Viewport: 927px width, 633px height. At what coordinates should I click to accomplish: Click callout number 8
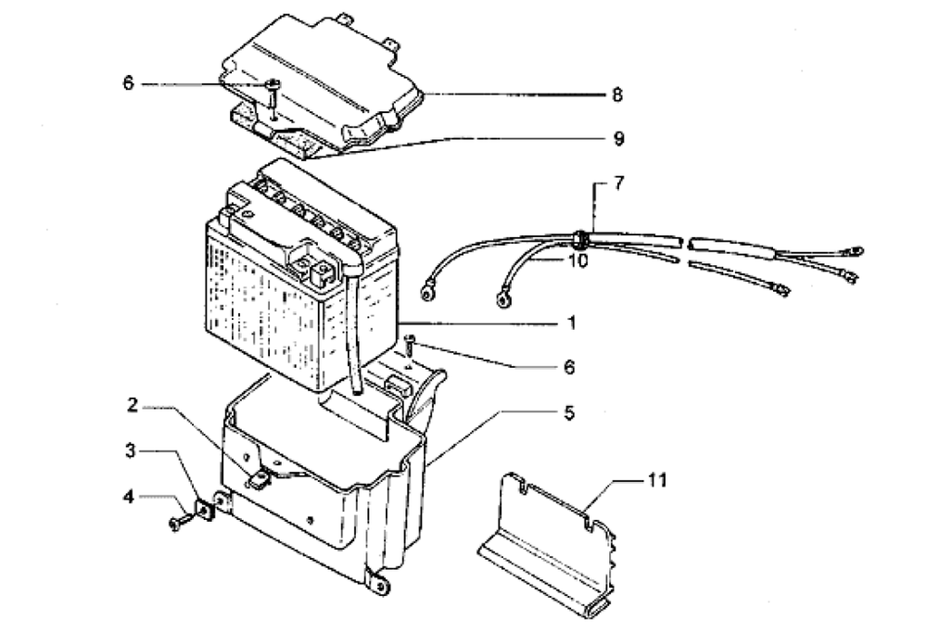click(616, 95)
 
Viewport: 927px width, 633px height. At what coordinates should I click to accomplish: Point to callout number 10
click(578, 262)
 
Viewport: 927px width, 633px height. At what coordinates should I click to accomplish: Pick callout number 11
click(656, 481)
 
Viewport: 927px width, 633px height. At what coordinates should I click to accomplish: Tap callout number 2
click(133, 405)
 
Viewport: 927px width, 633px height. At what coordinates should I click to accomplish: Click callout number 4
click(131, 497)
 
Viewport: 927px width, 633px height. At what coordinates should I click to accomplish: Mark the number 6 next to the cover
click(129, 83)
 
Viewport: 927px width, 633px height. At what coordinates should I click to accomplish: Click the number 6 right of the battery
click(568, 368)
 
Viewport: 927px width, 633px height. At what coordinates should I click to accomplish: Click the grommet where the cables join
click(579, 238)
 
